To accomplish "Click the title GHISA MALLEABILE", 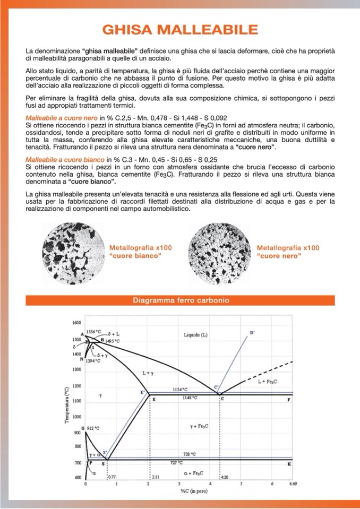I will pos(180,29).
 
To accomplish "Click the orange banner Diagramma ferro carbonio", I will pos(181,300).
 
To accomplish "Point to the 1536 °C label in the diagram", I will pos(94,331).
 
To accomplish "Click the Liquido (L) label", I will pos(196,335).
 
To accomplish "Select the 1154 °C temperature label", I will pos(181,389).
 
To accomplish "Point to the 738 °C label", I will pos(190,454).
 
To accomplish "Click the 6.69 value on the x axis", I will pos(293,484).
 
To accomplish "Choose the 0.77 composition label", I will pos(112,477).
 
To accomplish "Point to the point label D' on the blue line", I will pos(252,332).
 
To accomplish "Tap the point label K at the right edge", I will pos(289,464).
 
